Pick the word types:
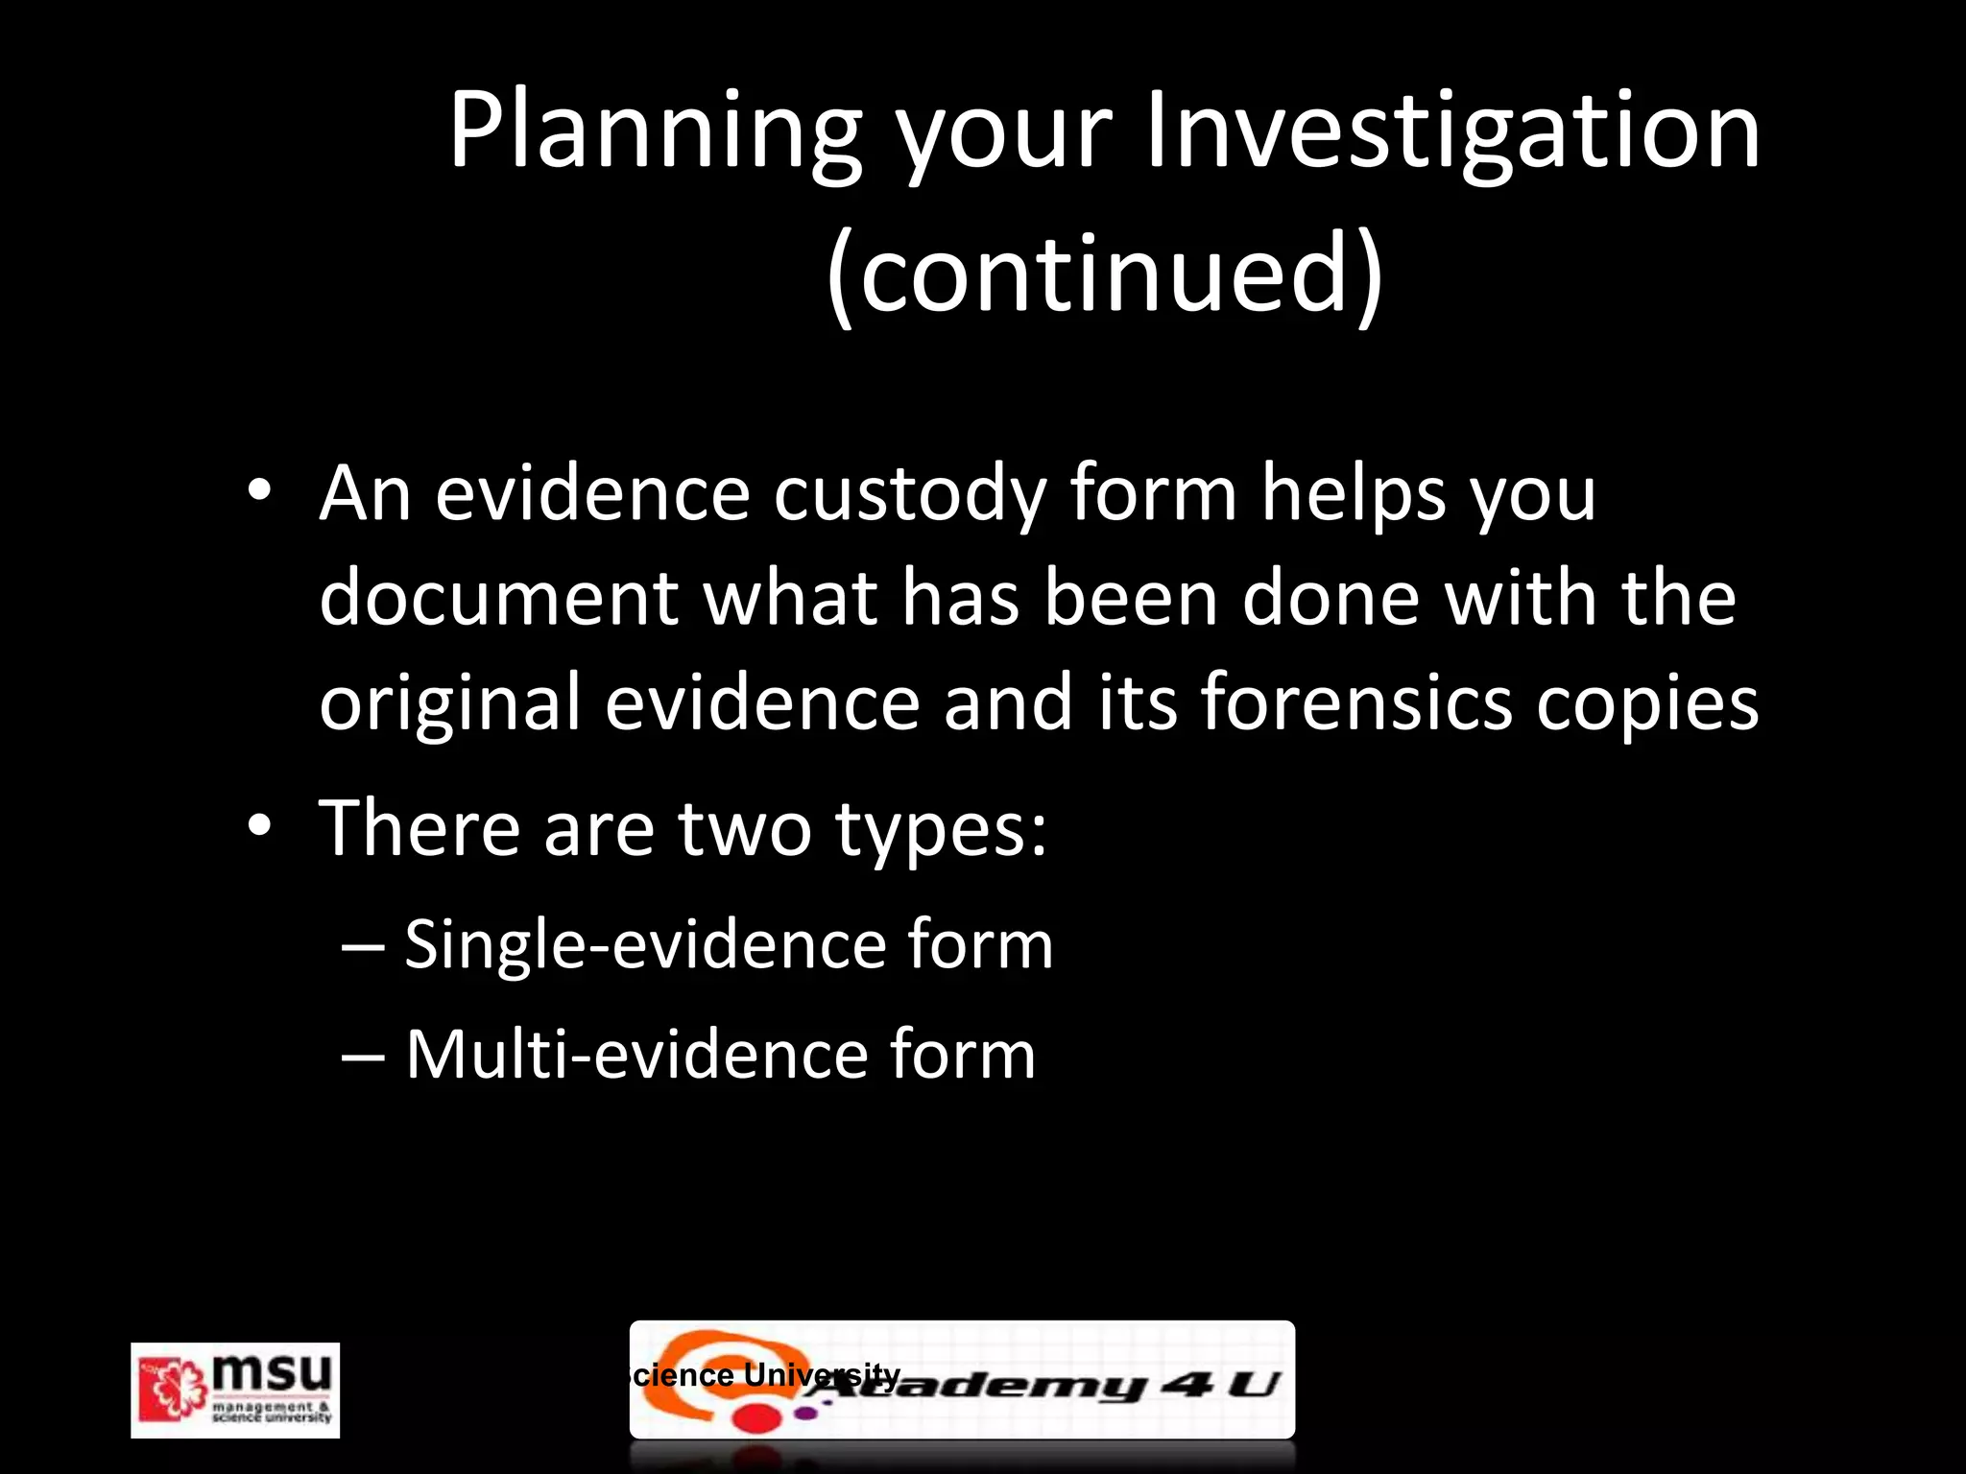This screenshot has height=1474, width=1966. [x=941, y=831]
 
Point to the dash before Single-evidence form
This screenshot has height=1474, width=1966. [x=364, y=946]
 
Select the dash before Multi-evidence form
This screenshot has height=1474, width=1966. [x=364, y=1055]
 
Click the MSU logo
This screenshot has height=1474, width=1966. [x=235, y=1390]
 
